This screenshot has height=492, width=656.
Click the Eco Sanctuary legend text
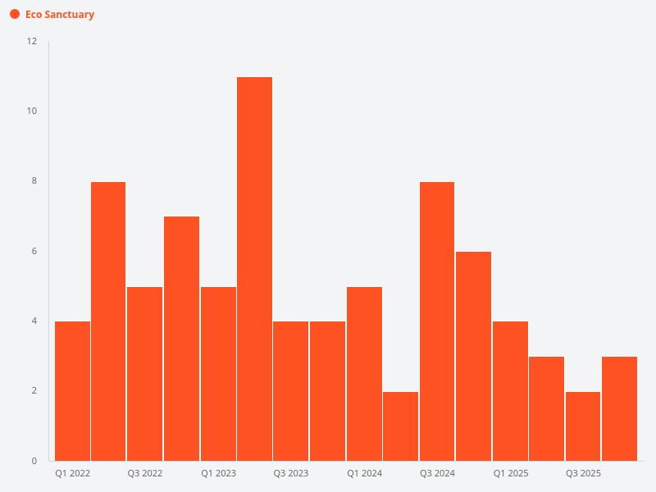pos(59,15)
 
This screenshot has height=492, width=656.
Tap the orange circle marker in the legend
pos(15,15)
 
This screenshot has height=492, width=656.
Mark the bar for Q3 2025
pos(583,426)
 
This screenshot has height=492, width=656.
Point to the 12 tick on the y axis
pos(32,41)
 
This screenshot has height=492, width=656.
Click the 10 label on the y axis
pos(32,111)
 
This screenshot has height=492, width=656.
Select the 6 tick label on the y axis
pos(34,251)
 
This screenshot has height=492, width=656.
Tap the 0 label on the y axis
pos(34,461)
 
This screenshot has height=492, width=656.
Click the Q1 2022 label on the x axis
pos(73,474)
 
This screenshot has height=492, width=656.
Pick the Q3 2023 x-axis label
pos(291,474)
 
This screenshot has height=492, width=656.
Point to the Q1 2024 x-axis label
pos(364,474)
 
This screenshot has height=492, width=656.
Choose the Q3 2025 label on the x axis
pos(583,474)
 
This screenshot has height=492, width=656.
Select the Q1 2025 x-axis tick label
pos(510,474)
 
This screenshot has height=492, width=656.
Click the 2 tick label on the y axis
pos(34,391)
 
